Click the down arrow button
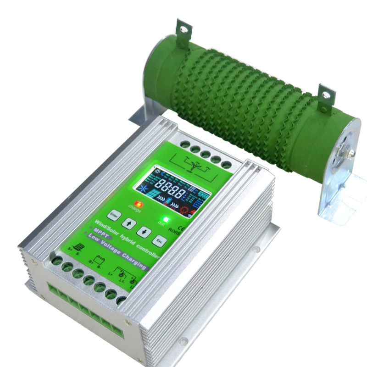(143, 231)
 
